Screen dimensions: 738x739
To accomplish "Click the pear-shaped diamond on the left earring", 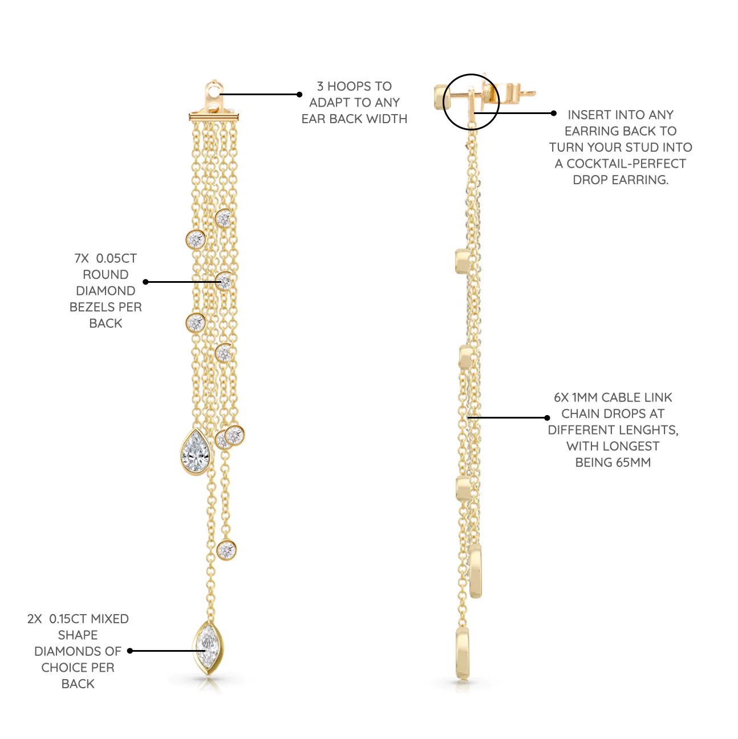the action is [196, 452].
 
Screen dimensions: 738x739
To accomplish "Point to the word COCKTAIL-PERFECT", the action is [626, 164].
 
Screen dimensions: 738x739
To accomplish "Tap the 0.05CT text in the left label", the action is [116, 258].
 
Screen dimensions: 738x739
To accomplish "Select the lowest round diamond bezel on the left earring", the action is [226, 550].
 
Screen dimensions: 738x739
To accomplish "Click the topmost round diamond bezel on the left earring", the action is [223, 218].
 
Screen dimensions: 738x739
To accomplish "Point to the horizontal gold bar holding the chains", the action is [214, 116].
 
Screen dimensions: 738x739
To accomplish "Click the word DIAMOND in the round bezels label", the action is [106, 291].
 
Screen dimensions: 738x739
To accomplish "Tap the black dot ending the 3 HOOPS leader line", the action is [299, 94].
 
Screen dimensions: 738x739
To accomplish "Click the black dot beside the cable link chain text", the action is [547, 417].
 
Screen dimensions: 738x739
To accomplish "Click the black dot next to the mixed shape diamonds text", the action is [130, 651].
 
